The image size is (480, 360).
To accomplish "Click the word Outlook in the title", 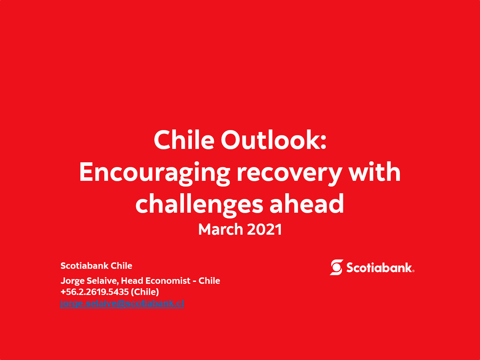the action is pos(273,140).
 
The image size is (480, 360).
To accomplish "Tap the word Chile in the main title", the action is pos(184,140).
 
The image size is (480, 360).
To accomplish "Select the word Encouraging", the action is pos(155,173).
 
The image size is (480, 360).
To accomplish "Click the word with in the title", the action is pos(375,172).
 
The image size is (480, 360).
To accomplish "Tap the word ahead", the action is pos(307,203).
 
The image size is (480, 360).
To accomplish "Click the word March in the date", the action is pos(221,230).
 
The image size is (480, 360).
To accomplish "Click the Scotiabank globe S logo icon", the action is pos(336,267).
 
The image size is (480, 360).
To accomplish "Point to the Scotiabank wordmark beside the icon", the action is pos(380,268).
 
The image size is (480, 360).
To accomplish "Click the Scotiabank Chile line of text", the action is pos(97,266).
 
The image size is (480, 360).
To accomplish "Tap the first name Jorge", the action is pos(72,281).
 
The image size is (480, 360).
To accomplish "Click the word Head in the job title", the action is pos(132,281).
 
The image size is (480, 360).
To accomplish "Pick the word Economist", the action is pos(168,281).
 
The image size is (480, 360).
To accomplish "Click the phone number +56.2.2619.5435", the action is pos(95,292).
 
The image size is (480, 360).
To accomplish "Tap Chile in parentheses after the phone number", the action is pos(145,292).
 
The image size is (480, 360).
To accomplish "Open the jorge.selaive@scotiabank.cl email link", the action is pos(122,304).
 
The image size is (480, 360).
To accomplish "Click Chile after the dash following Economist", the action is pos(209,281).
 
